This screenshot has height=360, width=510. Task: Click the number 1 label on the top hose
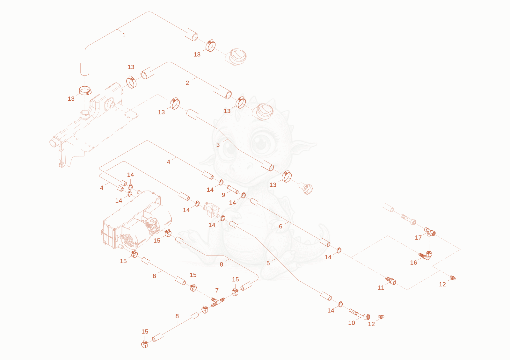tap(124, 35)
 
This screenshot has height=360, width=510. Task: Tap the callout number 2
tap(187, 83)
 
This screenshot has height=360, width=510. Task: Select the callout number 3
tap(218, 145)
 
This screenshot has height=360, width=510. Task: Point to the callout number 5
tap(268, 263)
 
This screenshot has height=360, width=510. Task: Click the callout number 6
tap(280, 227)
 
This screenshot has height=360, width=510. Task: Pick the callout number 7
tap(217, 291)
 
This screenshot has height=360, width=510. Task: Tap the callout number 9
tap(223, 195)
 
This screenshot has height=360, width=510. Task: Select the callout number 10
tap(352, 323)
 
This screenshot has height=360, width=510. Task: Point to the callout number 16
tap(413, 263)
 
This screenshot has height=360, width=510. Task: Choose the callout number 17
tap(418, 238)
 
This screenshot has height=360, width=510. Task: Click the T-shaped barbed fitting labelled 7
tap(218, 302)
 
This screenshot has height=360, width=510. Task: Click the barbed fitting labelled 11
tap(391, 281)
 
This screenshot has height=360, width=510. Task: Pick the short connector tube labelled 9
tap(232, 189)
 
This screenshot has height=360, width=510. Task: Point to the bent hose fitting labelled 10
tap(360, 314)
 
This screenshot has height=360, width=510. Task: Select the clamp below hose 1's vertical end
tap(85, 90)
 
